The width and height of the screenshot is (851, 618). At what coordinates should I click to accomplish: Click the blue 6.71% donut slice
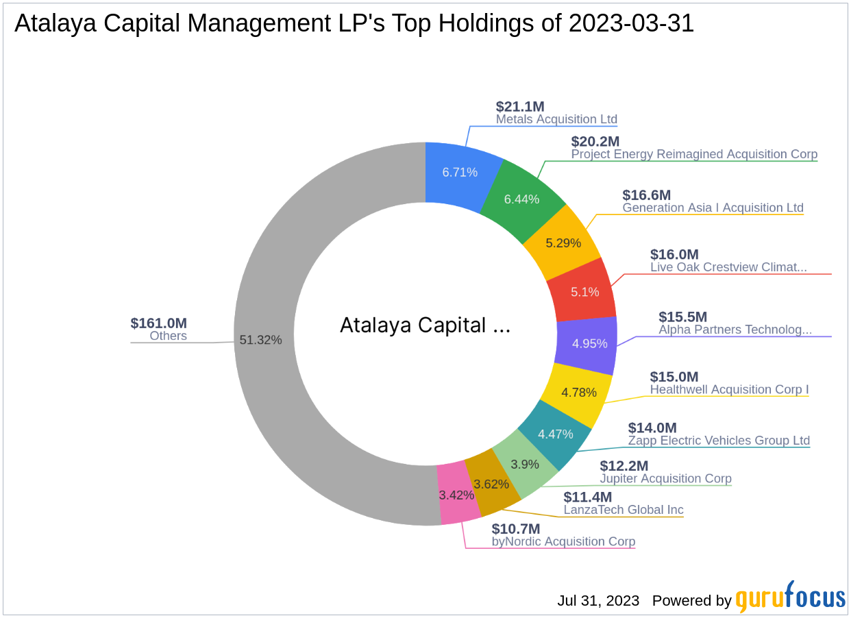[460, 172]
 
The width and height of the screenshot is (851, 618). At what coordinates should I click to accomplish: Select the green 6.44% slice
[522, 199]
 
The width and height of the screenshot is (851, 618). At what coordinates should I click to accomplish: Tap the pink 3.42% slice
[456, 495]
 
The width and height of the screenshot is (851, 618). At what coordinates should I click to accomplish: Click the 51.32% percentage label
[260, 340]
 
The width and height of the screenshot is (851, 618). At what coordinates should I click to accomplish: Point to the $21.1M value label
[520, 106]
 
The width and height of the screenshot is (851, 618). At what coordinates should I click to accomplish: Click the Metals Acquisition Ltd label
[556, 119]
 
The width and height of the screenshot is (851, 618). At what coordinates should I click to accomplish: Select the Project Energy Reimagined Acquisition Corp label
[694, 154]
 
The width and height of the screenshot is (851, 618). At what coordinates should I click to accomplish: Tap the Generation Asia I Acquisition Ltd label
[713, 208]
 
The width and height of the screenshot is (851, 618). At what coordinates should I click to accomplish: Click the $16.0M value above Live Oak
[674, 254]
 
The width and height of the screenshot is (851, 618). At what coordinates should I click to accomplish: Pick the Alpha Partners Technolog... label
[735, 330]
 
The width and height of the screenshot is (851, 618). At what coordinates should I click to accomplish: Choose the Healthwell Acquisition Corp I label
[729, 389]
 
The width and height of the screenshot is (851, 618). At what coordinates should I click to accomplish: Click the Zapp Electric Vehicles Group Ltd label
[719, 441]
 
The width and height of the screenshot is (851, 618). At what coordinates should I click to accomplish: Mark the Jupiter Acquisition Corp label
[665, 479]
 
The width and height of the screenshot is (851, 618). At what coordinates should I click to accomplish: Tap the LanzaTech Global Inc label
[624, 510]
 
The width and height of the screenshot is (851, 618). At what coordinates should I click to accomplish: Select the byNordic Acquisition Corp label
[563, 541]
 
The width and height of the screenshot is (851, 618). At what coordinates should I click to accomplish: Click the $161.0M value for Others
[158, 323]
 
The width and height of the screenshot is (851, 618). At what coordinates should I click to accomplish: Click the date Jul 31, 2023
[598, 601]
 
